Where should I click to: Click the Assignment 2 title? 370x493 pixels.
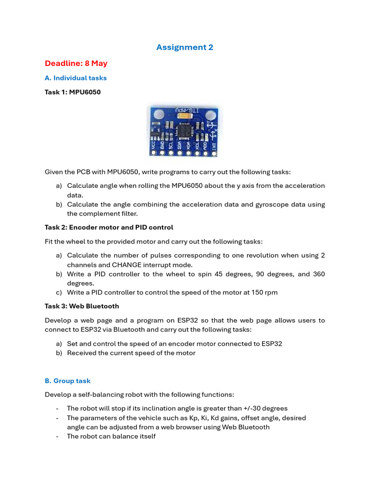(x=185, y=47)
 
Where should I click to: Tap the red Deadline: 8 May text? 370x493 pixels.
(x=76, y=64)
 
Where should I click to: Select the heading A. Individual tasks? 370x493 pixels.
(x=76, y=78)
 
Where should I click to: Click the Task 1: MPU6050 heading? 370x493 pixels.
(x=73, y=92)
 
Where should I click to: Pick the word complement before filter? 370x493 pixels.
(x=103, y=214)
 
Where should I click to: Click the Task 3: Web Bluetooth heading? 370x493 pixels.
(x=82, y=306)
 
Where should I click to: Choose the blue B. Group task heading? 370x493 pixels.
(x=67, y=381)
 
